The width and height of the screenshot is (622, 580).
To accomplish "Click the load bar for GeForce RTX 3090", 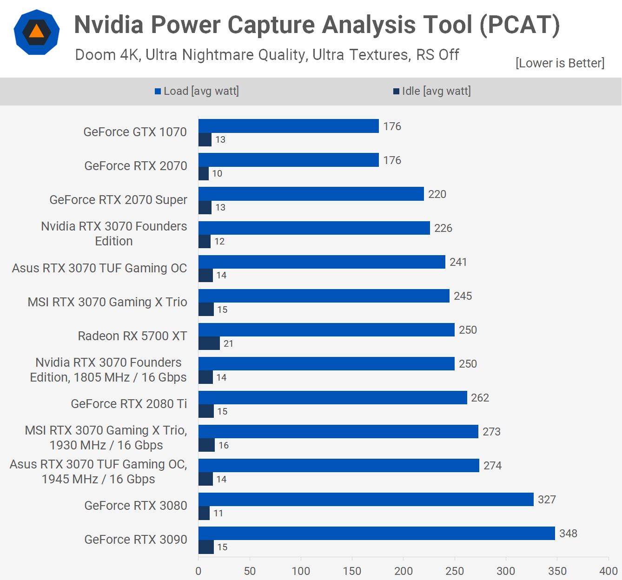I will [x=377, y=533].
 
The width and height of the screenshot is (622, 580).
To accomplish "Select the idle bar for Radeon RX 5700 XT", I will [x=209, y=343].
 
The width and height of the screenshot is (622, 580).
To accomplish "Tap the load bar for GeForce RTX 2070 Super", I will [x=311, y=194].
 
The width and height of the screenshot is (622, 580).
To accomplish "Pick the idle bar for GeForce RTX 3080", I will [x=204, y=513].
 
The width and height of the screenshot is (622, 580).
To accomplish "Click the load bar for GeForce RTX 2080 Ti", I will [x=332, y=397].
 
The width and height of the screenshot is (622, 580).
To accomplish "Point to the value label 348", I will [x=568, y=534].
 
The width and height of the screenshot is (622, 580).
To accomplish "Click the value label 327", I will [x=547, y=500].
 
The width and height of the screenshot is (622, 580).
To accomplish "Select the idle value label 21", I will [x=228, y=343].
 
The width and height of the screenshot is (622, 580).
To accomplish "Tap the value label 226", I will [x=443, y=228].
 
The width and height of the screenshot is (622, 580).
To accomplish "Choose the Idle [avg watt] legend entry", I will [x=432, y=91].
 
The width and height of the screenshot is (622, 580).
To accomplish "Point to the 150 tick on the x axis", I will [x=352, y=571].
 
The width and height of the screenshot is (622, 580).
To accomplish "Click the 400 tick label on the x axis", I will [x=609, y=571].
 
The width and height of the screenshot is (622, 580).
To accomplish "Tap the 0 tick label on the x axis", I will [x=199, y=571].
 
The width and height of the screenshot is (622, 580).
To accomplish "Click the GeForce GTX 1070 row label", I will [x=135, y=132].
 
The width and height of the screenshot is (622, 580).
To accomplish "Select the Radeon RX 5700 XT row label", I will [x=132, y=336].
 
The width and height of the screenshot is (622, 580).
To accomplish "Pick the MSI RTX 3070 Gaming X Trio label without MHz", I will [x=107, y=302].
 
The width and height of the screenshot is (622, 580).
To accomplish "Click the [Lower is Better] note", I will [x=560, y=63].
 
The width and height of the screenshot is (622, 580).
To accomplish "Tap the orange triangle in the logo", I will [x=36, y=32].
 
